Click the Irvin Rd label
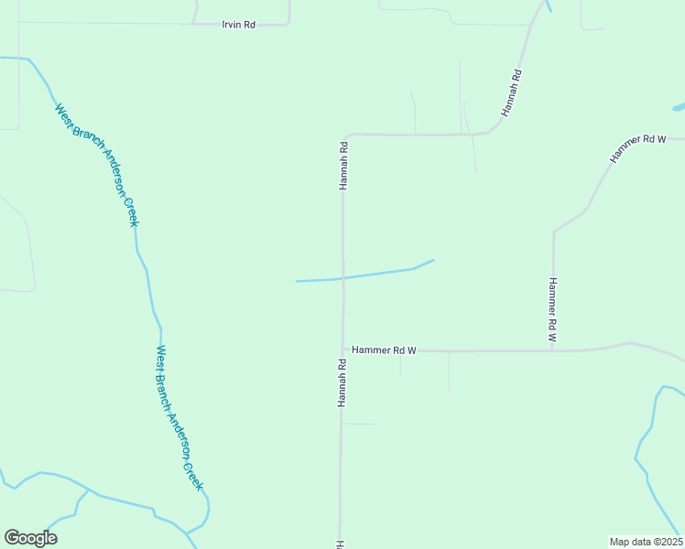238,25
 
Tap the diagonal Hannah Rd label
511,92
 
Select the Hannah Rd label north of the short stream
343,165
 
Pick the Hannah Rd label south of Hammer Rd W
341,382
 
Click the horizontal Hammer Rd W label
384,350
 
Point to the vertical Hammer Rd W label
552,310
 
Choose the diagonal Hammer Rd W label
636,147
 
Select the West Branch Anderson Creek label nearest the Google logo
179,417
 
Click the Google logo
30,538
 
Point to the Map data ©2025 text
646,541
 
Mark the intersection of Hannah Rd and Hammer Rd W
342,350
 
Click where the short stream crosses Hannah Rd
342,277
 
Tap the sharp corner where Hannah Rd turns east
345,135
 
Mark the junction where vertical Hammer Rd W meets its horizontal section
553,350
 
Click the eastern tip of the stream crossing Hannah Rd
432,260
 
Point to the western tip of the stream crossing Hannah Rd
297,281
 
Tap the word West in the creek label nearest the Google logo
160,355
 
